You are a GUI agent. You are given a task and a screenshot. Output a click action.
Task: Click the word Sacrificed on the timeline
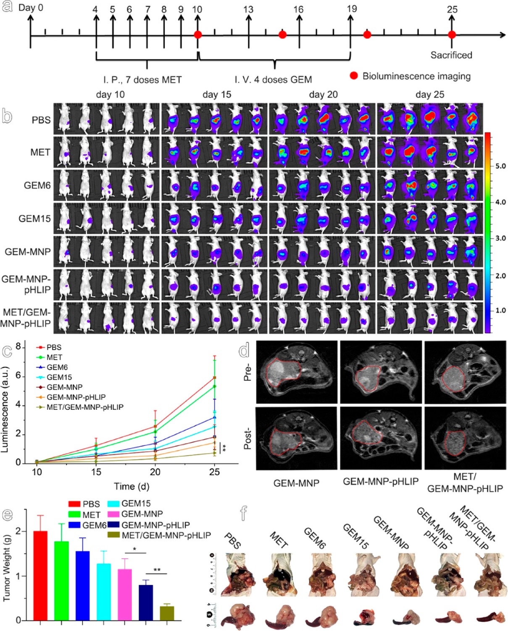[x=451, y=55]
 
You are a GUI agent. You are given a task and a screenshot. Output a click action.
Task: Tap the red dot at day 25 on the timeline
[x=452, y=35]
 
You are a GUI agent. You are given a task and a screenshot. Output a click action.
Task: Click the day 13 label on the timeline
[x=248, y=9]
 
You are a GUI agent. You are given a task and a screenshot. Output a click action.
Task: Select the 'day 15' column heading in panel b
[x=217, y=95]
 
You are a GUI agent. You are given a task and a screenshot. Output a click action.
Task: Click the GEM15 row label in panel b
[x=34, y=219]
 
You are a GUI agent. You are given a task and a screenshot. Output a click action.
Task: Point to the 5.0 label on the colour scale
[x=500, y=166]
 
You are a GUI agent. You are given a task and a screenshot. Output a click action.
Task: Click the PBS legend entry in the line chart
[x=54, y=347]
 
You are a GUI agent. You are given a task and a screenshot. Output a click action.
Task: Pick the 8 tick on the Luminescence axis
[x=18, y=347]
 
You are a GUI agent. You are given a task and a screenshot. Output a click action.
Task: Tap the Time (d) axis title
[x=132, y=486]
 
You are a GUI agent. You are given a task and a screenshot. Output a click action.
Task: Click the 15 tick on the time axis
[x=96, y=472]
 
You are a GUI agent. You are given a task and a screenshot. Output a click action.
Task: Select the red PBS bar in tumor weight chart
[x=40, y=576]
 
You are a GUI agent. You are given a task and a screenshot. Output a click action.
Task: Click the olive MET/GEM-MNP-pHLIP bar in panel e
[x=167, y=613]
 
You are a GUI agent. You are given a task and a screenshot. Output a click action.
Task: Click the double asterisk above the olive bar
[x=157, y=570]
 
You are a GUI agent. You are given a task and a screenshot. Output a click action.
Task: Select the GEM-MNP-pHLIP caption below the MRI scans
[x=381, y=482]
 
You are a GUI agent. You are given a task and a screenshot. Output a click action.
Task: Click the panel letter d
[x=244, y=350]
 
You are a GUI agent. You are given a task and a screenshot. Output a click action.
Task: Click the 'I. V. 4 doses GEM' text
[x=273, y=79]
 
